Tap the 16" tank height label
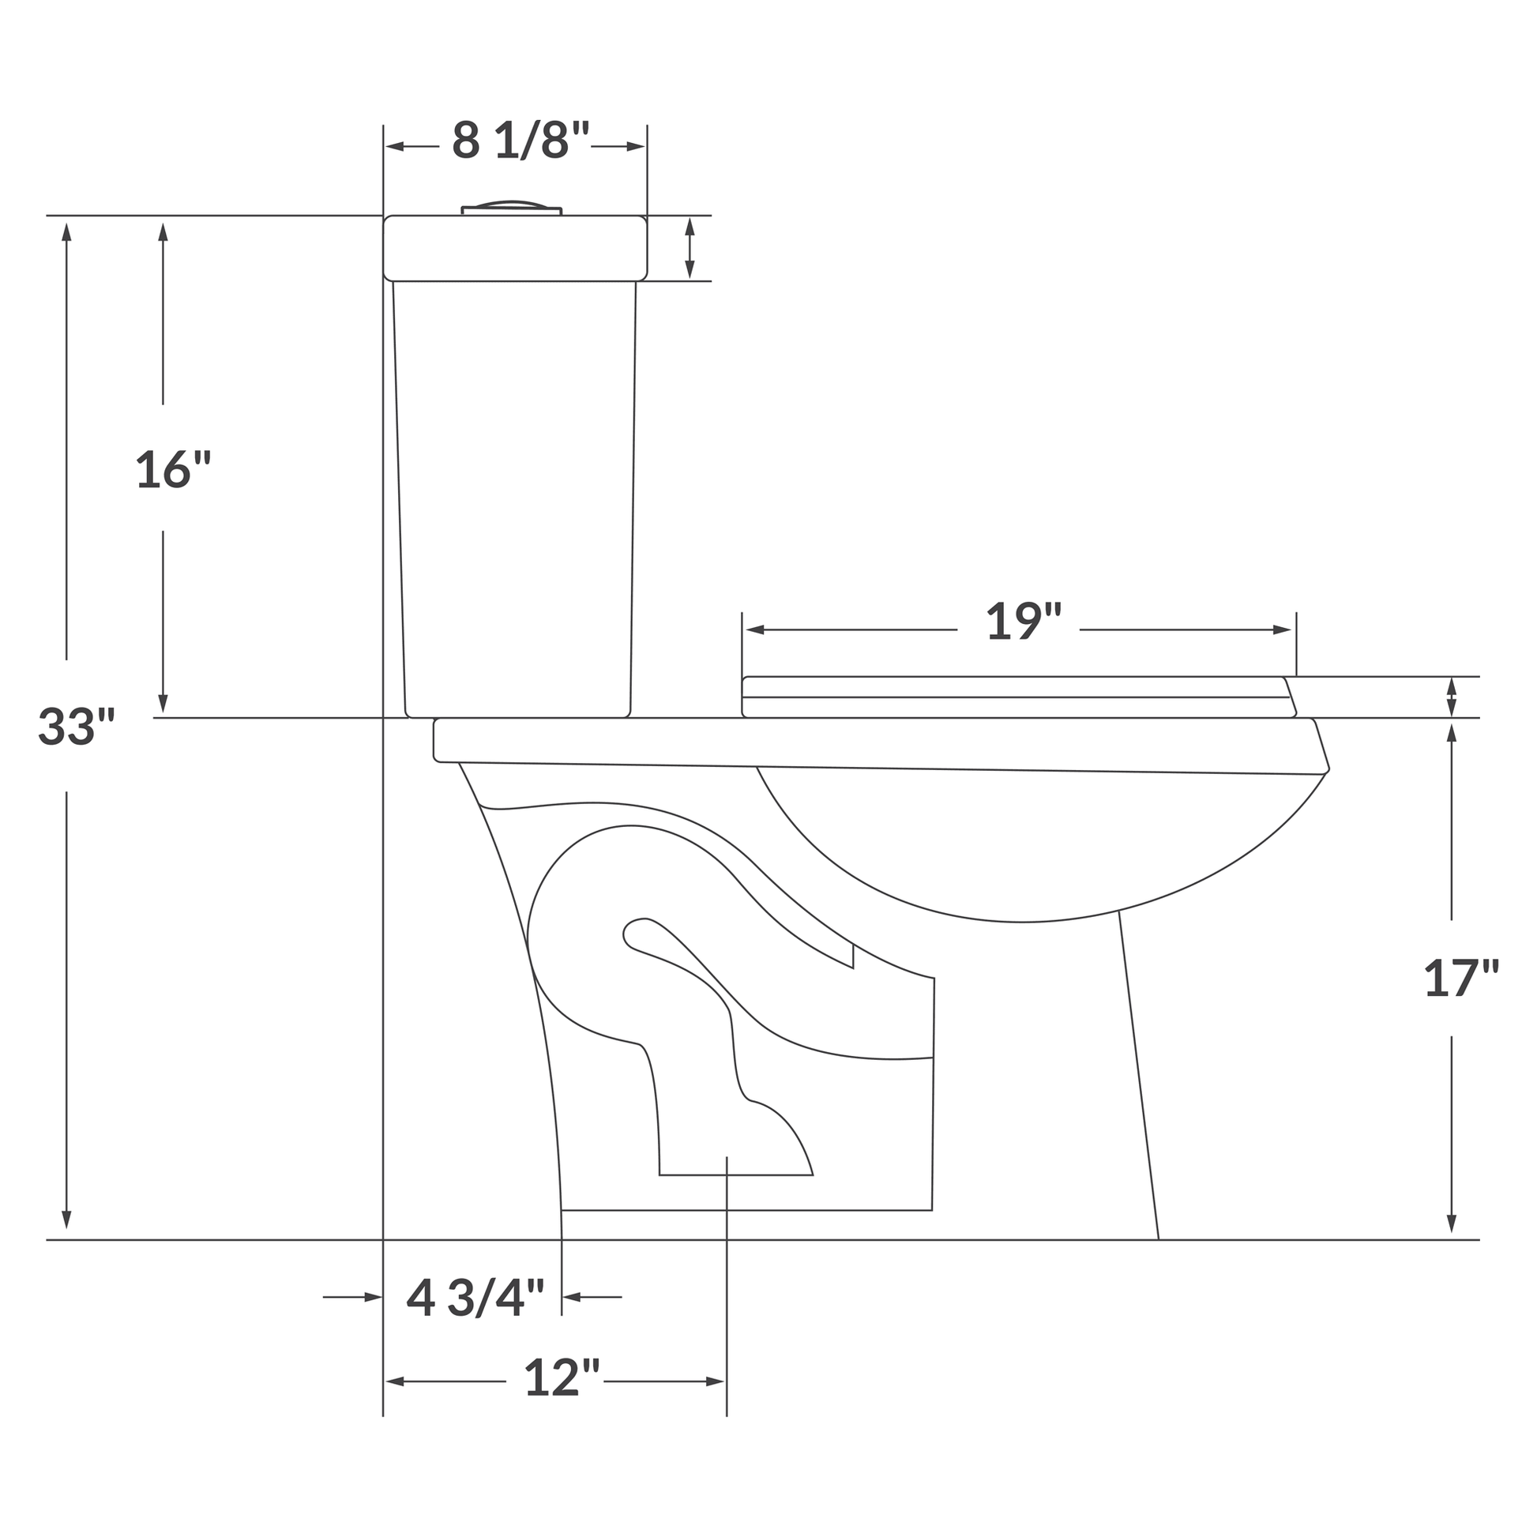[x=173, y=469]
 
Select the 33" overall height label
[x=77, y=727]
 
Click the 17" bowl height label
[x=1460, y=978]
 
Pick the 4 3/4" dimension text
[x=475, y=1298]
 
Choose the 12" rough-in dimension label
[x=561, y=1378]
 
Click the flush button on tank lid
[x=512, y=208]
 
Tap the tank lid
[x=515, y=248]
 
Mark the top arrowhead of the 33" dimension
[x=67, y=231]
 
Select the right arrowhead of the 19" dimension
[x=1282, y=630]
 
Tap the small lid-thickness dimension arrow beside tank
[x=690, y=248]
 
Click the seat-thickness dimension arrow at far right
[x=1451, y=697]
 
